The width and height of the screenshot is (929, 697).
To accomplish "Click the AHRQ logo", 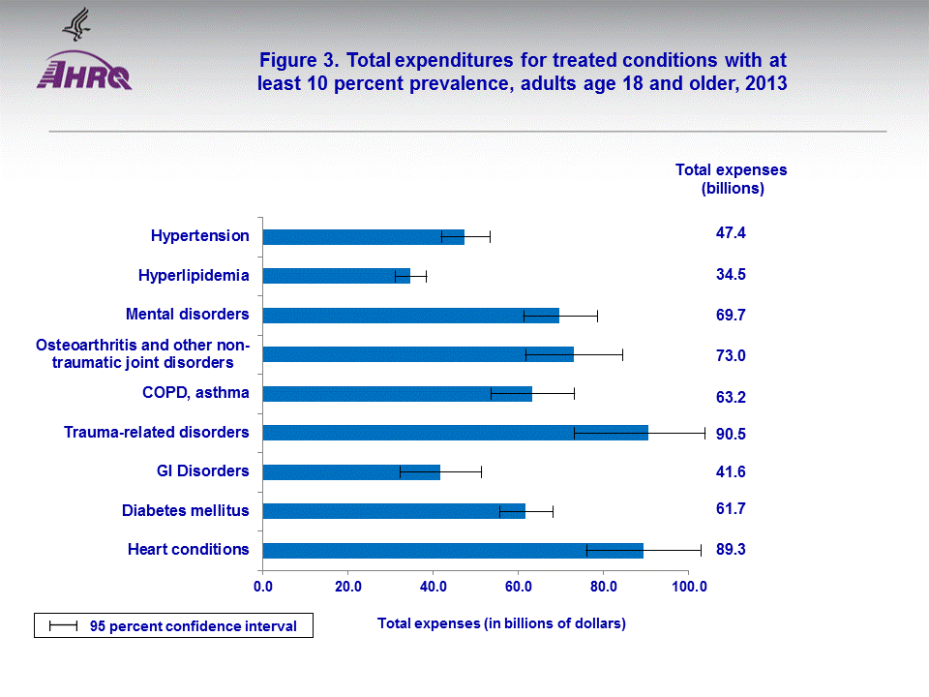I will (x=84, y=71).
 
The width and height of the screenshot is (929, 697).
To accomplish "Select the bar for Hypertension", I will (x=363, y=237).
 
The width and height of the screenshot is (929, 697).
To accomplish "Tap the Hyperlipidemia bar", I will (x=336, y=276).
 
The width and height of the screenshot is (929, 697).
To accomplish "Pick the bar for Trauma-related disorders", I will (x=455, y=433).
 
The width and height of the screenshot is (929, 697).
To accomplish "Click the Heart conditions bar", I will (x=452, y=551).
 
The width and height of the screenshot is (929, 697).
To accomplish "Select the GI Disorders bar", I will (x=350, y=472).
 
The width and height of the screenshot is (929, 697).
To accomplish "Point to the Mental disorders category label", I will (x=188, y=314).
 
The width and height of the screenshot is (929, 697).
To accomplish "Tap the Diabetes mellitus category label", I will (x=185, y=510).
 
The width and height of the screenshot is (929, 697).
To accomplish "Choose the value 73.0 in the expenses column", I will (x=730, y=356).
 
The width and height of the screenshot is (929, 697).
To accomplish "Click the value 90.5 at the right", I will (x=730, y=435).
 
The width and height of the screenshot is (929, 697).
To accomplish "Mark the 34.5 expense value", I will (x=730, y=275).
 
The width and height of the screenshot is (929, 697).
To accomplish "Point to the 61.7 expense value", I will (x=730, y=508).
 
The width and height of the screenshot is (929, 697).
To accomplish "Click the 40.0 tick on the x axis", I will (x=433, y=587).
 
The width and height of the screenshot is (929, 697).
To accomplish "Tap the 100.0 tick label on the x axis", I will (x=688, y=587).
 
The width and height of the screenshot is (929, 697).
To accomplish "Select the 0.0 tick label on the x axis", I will (x=263, y=587).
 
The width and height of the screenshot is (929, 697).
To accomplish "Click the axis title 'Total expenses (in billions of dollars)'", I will (x=501, y=623).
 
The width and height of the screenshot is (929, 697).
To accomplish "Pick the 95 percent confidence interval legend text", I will (x=201, y=626).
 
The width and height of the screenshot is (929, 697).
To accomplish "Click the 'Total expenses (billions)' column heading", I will (x=731, y=179).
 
